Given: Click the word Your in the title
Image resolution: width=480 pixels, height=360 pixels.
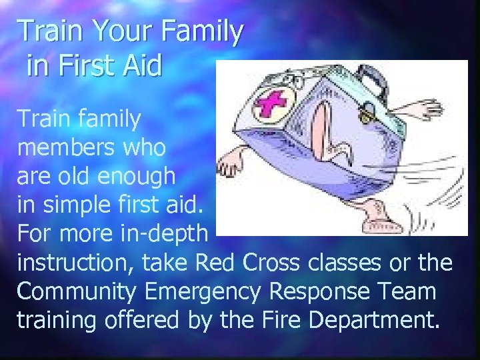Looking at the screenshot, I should click(x=113, y=32).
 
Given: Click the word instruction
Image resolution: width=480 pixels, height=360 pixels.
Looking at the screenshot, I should click(x=75, y=263).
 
